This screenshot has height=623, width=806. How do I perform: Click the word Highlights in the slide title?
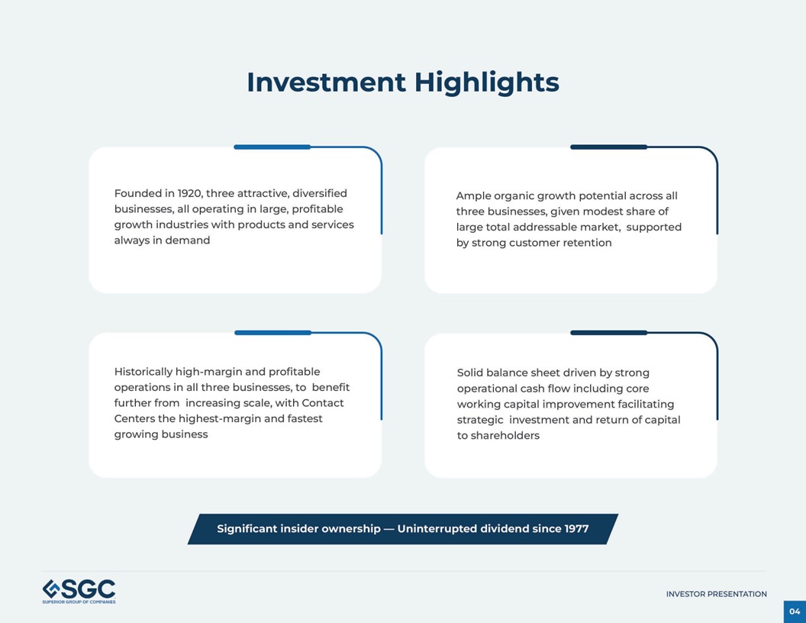[486, 82]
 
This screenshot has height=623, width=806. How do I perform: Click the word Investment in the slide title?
[326, 82]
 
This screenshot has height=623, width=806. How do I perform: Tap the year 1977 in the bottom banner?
[576, 529]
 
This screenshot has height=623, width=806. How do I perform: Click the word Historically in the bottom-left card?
[143, 372]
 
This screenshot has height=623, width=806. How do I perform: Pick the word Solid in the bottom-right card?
[470, 373]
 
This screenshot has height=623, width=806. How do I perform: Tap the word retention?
[585, 243]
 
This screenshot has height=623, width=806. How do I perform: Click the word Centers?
[134, 419]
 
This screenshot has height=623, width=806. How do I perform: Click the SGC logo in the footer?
[79, 591]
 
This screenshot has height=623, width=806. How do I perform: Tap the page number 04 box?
[795, 612]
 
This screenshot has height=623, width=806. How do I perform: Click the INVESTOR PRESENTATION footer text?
[716, 594]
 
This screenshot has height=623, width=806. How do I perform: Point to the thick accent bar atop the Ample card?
[608, 147]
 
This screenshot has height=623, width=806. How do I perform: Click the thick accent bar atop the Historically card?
[272, 333]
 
